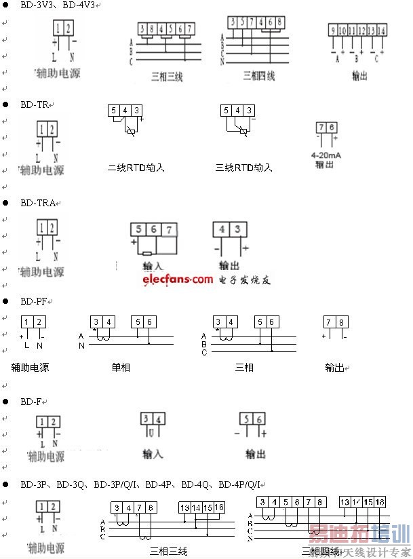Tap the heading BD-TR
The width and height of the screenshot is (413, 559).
34,105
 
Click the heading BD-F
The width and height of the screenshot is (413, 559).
31,402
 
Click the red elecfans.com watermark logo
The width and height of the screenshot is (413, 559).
178,279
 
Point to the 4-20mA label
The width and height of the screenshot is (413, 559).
326,155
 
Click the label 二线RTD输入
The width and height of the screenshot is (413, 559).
136,168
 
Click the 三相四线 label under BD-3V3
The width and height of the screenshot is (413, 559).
258,77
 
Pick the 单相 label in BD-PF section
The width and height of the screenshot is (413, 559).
121,367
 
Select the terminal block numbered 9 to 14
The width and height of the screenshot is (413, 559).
358,31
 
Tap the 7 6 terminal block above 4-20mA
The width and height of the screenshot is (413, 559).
327,128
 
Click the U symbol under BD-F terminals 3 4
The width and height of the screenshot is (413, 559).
151,432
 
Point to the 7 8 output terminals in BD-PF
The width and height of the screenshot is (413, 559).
335,322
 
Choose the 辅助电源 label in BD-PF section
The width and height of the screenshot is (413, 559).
30,367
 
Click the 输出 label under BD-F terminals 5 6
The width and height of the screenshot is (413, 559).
256,454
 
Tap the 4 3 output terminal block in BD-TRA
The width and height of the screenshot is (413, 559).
229,229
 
